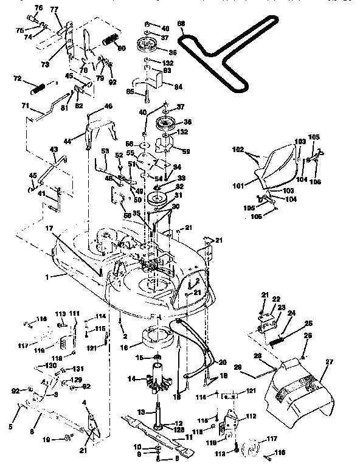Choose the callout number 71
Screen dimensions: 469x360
click(26, 105)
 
